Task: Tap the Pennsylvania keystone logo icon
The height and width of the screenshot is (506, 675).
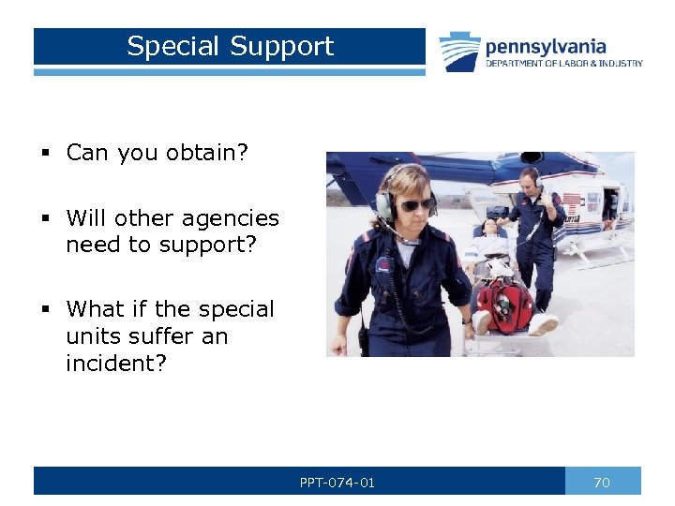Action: (459, 51)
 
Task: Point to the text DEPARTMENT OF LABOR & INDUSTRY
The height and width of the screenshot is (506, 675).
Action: (563, 64)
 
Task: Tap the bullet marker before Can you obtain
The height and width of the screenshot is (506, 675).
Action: (45, 154)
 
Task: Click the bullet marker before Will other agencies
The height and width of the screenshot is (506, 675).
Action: (45, 219)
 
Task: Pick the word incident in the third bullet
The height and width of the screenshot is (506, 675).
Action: (116, 363)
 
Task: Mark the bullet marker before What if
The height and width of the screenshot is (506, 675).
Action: (45, 310)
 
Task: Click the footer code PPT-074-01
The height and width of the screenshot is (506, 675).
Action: (337, 483)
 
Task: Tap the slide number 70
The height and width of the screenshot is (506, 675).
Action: (602, 483)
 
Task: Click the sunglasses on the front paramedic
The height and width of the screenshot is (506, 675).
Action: (416, 203)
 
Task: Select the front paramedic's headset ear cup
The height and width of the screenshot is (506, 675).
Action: (384, 206)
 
